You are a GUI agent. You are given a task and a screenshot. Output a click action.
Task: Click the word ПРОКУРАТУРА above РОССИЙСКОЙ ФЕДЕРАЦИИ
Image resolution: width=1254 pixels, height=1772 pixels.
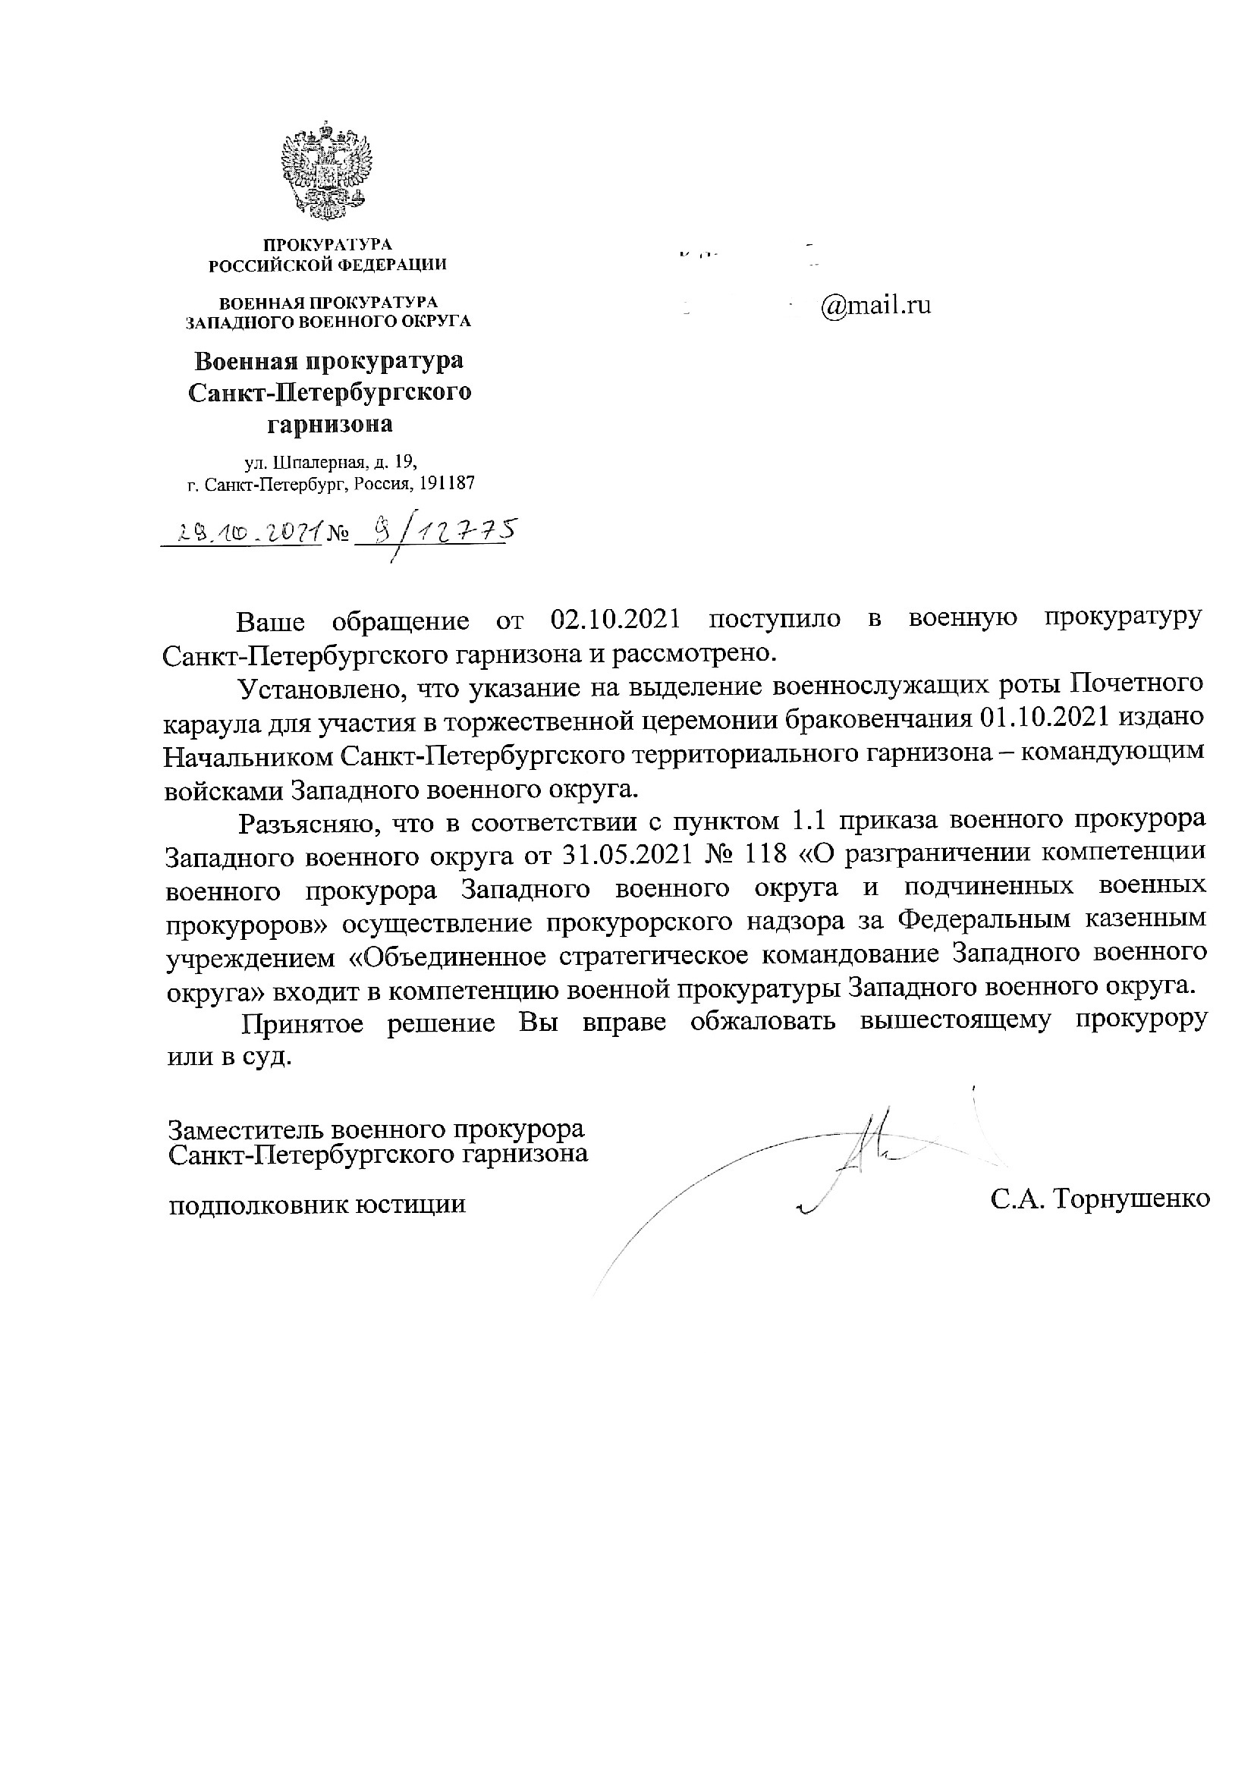[328, 246]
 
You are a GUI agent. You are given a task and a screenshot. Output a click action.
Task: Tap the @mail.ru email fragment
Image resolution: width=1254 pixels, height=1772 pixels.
[875, 306]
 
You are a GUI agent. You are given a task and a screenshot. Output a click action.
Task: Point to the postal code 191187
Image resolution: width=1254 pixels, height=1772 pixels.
[448, 484]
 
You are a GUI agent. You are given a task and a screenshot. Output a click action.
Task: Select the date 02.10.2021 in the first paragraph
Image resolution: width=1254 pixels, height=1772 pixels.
[614, 621]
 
